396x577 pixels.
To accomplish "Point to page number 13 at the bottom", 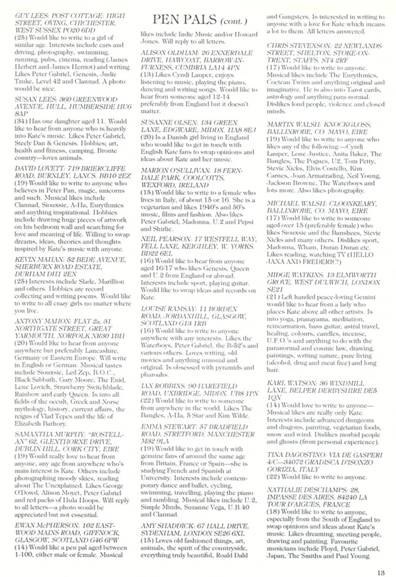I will (x=380, y=559).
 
